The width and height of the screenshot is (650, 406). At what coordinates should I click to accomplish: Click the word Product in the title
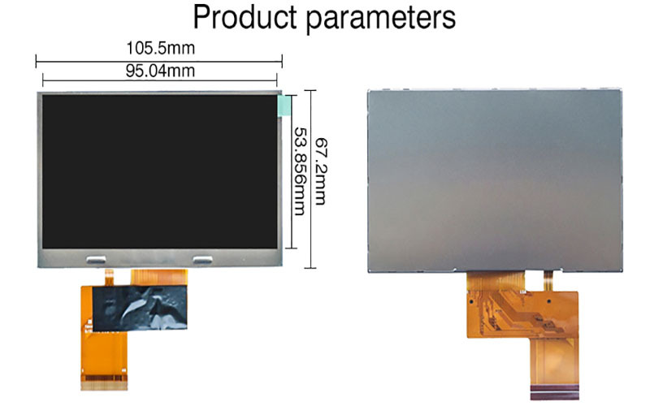pyautogui.click(x=245, y=17)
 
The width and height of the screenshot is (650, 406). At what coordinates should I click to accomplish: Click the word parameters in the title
pyautogui.click(x=381, y=19)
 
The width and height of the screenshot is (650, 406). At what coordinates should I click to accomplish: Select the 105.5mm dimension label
pyautogui.click(x=160, y=48)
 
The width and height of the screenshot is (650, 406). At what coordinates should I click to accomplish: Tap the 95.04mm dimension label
pyautogui.click(x=160, y=71)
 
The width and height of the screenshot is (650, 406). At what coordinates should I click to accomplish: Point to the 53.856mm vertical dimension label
pyautogui.click(x=300, y=171)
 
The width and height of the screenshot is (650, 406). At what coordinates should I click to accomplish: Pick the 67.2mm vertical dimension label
pyautogui.click(x=321, y=171)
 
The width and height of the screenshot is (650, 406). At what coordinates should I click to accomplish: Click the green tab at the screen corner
pyautogui.click(x=284, y=106)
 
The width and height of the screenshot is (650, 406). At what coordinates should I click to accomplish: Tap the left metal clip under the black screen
pyautogui.click(x=96, y=260)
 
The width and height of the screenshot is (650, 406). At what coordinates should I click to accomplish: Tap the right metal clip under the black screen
pyautogui.click(x=202, y=260)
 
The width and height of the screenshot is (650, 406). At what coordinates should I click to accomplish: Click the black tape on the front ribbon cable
pyautogui.click(x=139, y=308)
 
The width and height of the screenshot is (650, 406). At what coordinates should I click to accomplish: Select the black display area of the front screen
pyautogui.click(x=159, y=171)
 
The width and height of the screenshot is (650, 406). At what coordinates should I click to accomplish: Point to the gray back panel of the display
pyautogui.click(x=495, y=180)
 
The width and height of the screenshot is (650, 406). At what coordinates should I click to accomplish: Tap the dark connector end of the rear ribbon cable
pyautogui.click(x=555, y=392)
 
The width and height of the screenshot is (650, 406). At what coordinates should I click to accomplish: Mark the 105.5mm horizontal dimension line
pyautogui.click(x=159, y=62)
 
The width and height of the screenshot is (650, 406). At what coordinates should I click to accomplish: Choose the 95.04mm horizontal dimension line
pyautogui.click(x=159, y=80)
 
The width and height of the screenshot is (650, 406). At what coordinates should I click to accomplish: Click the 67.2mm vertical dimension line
pyautogui.click(x=310, y=179)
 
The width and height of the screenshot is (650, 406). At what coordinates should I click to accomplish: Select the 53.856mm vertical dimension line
pyautogui.click(x=292, y=172)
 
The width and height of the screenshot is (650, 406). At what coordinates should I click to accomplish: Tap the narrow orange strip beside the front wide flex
pyautogui.click(x=109, y=277)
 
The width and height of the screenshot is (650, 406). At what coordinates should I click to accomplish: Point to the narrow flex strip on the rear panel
pyautogui.click(x=548, y=281)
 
